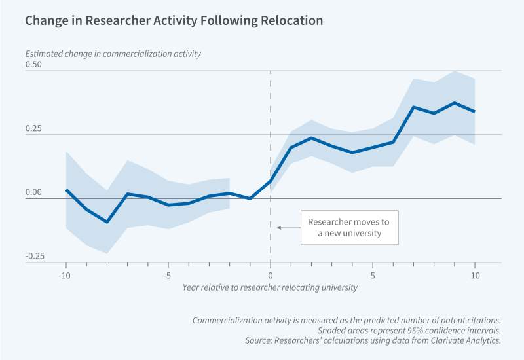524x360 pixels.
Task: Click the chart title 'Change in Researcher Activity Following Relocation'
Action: (174, 20)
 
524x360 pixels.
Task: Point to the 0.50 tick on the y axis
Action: (33, 64)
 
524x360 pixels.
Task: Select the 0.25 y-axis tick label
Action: (33, 128)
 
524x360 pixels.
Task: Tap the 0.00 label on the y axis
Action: (33, 192)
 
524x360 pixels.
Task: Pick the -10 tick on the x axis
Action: (65, 276)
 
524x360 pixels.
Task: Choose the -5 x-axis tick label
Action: (168, 276)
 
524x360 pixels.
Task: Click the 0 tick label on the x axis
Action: (271, 276)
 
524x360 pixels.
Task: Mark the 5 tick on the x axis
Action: (373, 276)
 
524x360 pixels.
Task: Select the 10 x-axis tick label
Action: (476, 276)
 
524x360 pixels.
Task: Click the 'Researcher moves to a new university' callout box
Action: (348, 227)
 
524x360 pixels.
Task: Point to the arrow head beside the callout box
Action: (278, 227)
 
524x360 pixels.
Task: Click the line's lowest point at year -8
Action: (107, 222)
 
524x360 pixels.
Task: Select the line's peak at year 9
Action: (455, 103)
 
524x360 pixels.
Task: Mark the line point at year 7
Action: (414, 107)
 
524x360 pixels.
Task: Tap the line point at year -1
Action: (250, 198)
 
